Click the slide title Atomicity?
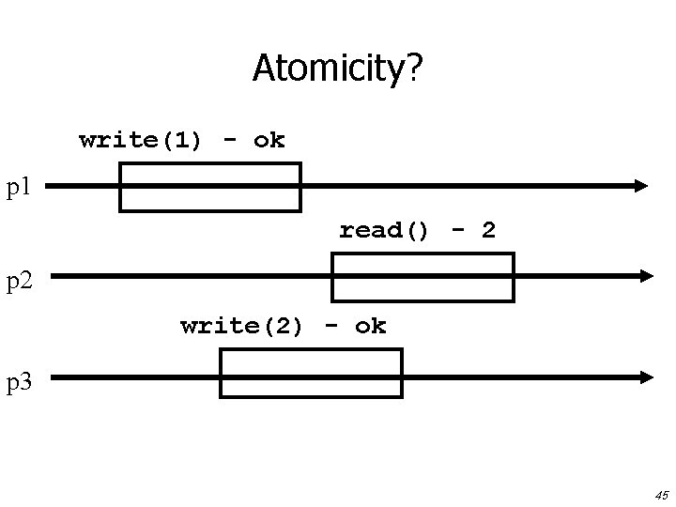[338, 68]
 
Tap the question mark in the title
[414, 68]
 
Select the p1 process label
[20, 187]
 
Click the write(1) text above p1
[140, 141]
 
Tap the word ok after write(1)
[269, 141]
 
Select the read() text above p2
[384, 230]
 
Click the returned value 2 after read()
[488, 230]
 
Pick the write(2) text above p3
[241, 327]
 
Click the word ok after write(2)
[370, 327]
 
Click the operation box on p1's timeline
[209, 187]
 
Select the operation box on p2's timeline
[423, 277]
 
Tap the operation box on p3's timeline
[311, 373]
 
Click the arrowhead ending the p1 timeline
[640, 186]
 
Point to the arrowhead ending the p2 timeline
[645, 276]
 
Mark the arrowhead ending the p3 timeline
[645, 376]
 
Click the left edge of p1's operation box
[120, 187]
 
